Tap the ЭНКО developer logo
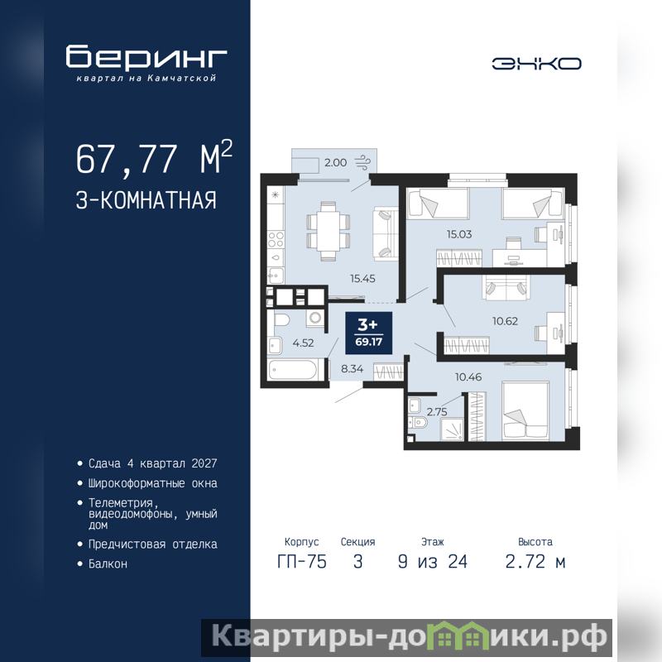point(536,64)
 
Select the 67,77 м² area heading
point(154,158)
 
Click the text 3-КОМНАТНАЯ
point(146,200)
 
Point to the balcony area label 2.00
point(335,162)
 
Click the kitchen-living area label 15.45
point(362,278)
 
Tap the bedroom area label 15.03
point(459,234)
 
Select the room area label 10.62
point(505,321)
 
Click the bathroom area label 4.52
point(303,343)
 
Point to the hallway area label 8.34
point(353,368)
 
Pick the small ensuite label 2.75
point(437,411)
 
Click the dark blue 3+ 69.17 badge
point(368,333)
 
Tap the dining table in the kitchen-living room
point(328,231)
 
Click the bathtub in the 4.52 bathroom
point(293,370)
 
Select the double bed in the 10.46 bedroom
point(525,410)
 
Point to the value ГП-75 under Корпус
point(302,562)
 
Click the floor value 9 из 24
point(432,562)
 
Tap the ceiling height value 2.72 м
point(535,562)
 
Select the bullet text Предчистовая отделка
point(152,544)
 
